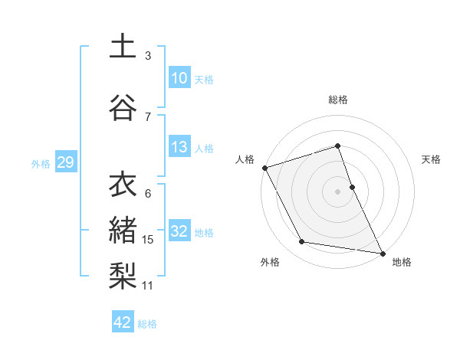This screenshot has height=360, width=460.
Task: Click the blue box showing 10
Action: tap(179, 78)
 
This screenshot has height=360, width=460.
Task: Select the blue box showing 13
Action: tap(179, 147)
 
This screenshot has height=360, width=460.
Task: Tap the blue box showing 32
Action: tap(179, 231)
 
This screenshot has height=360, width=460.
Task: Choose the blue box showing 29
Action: tap(65, 162)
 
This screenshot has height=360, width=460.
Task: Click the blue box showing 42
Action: tap(123, 322)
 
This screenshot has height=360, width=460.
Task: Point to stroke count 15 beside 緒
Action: tap(148, 240)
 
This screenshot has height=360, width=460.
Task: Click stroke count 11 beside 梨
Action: tap(148, 286)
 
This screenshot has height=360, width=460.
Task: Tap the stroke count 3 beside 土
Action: tap(148, 56)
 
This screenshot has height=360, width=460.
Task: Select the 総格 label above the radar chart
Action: tap(338, 100)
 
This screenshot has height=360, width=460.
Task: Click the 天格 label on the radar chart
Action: tap(432, 159)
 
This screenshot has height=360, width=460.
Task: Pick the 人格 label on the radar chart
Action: tap(245, 159)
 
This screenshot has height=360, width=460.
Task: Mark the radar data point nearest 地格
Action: tap(381, 252)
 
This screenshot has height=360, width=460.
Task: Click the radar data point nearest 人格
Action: tap(264, 167)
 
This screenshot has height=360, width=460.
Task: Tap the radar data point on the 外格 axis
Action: tap(302, 242)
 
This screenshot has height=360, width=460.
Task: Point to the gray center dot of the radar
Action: tap(338, 191)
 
